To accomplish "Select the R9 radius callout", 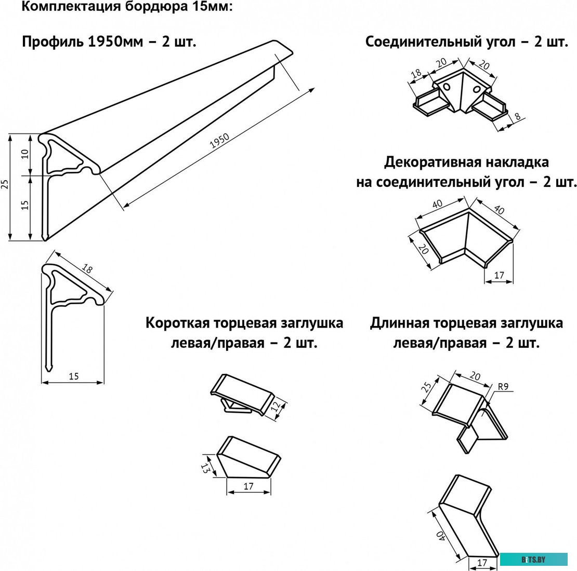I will [x=503, y=387].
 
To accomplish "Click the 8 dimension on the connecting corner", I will [x=518, y=117].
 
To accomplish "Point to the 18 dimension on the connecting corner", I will [x=416, y=74].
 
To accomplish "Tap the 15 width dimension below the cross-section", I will [x=73, y=376].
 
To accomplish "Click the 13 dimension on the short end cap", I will [x=205, y=467].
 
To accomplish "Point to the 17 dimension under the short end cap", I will [x=248, y=486].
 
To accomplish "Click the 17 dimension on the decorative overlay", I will [x=499, y=276].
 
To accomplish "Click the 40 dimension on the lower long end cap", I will [x=440, y=536].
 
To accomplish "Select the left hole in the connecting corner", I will [x=447, y=88].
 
